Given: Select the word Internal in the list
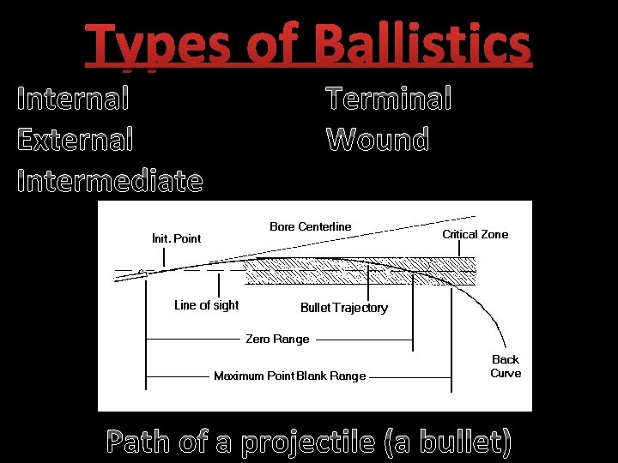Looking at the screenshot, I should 74,99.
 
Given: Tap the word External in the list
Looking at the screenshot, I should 76,138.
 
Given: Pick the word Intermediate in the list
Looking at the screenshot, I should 110,181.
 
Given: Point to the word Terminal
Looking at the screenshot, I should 389,99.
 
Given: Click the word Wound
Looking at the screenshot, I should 378,138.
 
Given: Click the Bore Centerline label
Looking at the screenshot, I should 310,226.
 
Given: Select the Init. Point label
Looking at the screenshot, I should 176,238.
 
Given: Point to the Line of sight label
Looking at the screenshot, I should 206,305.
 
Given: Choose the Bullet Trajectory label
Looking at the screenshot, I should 343,308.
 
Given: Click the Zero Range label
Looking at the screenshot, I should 277,339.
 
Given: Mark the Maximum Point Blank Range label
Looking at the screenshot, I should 289,376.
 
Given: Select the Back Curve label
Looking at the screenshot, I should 506,366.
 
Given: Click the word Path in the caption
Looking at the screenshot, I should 138,442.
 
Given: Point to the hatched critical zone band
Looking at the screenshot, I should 360,273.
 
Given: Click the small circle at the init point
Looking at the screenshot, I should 143,272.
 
